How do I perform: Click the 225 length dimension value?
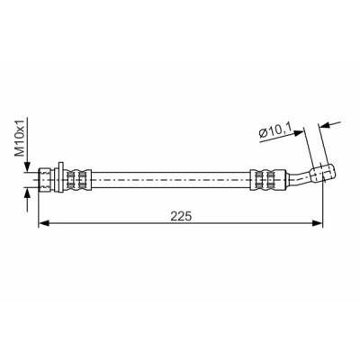(181, 216)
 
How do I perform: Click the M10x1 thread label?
(20, 137)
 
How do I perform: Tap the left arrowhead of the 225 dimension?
(44, 223)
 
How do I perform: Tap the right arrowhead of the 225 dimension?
(318, 223)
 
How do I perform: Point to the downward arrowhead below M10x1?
(27, 166)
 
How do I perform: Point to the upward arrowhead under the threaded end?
(27, 193)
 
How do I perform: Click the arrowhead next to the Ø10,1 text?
(299, 132)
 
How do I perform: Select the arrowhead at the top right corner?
(324, 125)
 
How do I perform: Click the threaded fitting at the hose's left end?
(44, 180)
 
